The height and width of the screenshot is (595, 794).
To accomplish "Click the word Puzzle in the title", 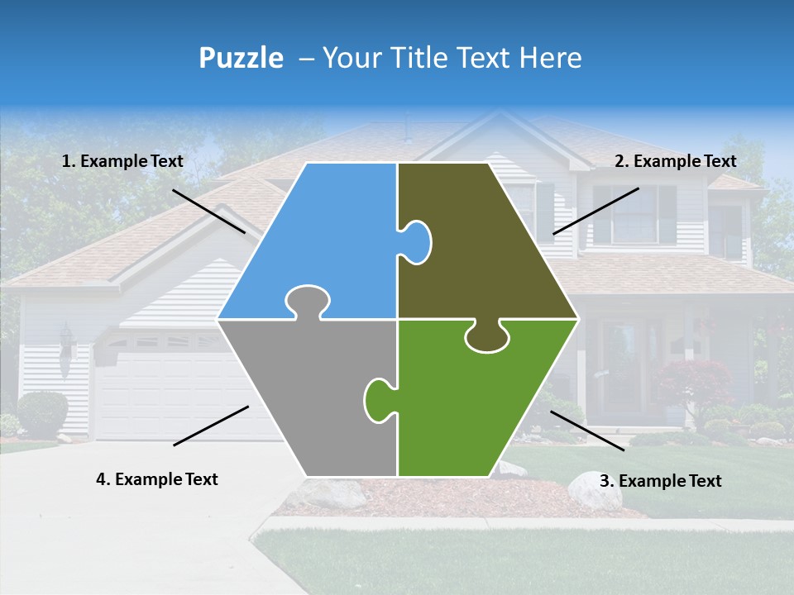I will coord(241,58).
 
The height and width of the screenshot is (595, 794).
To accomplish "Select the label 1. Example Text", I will coord(122,161).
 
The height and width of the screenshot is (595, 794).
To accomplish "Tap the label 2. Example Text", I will coord(675,161).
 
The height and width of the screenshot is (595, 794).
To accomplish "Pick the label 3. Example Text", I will coord(660,481).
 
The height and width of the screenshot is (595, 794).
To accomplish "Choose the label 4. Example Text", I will coord(157,479).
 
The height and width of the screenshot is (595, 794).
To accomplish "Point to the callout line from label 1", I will coord(208,211).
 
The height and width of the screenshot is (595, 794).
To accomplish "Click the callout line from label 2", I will coord(595,211).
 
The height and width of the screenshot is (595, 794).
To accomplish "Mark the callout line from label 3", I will coord(587,431).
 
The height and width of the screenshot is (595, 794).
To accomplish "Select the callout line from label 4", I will coord(211,426).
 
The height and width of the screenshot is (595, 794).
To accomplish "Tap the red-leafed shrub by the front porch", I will coord(695,380).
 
